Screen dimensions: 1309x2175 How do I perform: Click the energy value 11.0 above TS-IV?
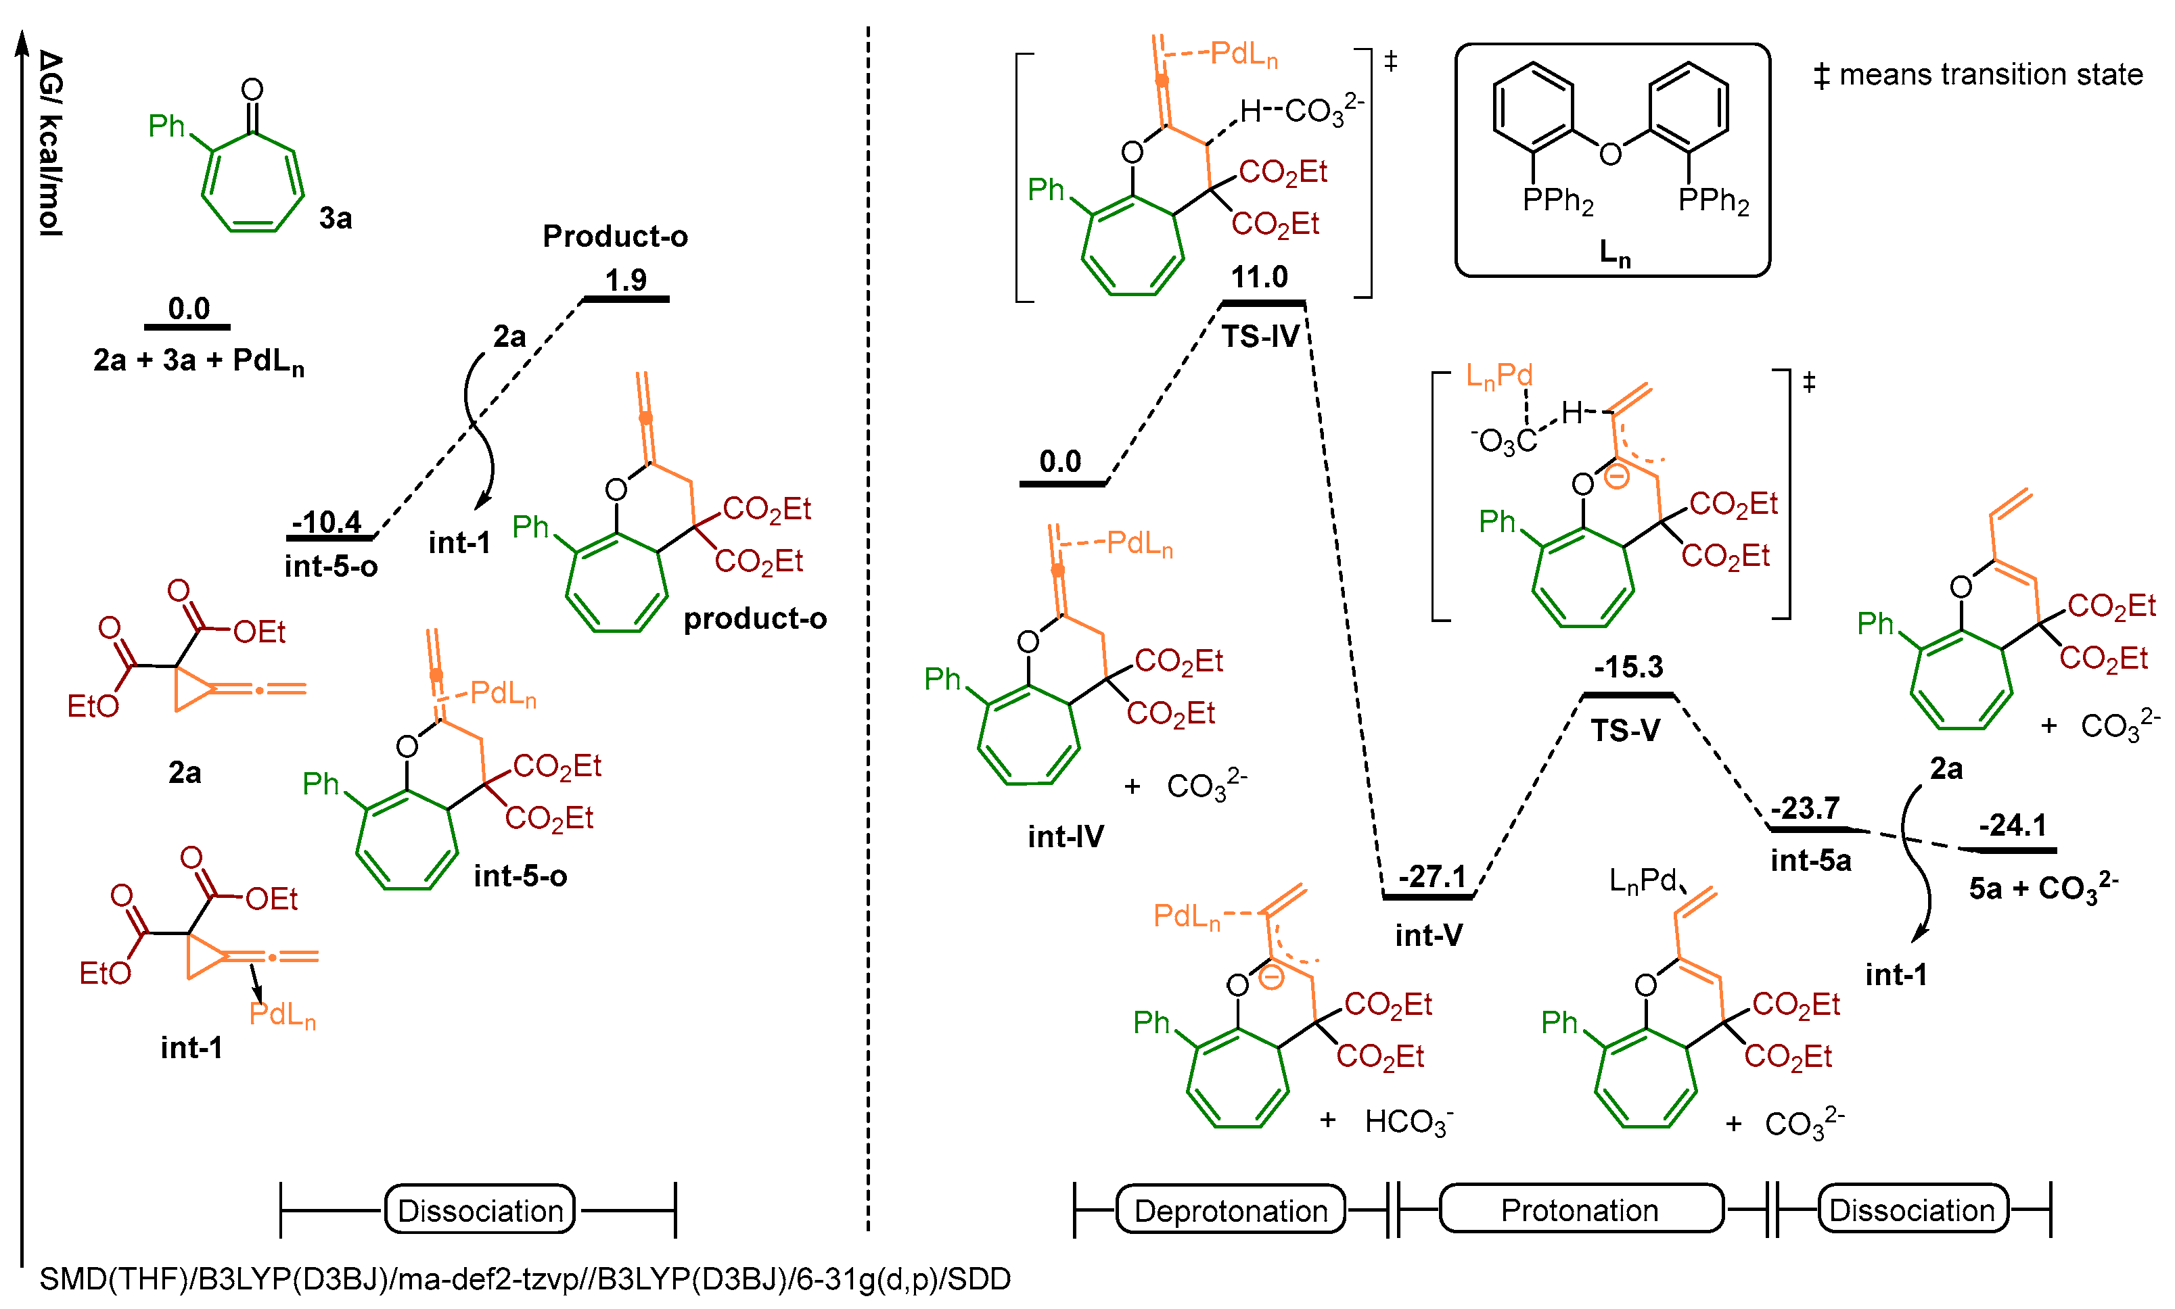click(1258, 277)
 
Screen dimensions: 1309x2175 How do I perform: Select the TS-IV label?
click(1260, 336)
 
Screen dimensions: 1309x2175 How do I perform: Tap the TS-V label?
click(1624, 730)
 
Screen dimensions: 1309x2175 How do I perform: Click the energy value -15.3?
click(1627, 666)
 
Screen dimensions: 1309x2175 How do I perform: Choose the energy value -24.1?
click(2012, 825)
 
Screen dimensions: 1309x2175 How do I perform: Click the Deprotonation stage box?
click(1230, 1210)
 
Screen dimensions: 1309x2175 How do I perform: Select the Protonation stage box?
click(1580, 1210)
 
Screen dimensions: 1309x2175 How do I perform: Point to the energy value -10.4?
click(327, 521)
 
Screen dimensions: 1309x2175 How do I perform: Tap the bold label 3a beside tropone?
click(336, 218)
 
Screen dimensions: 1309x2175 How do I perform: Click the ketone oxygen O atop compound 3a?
click(252, 89)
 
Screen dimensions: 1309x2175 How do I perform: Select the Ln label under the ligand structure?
click(1613, 253)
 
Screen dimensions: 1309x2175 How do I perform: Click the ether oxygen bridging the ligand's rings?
click(1610, 153)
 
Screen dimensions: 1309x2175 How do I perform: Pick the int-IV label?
click(1065, 836)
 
